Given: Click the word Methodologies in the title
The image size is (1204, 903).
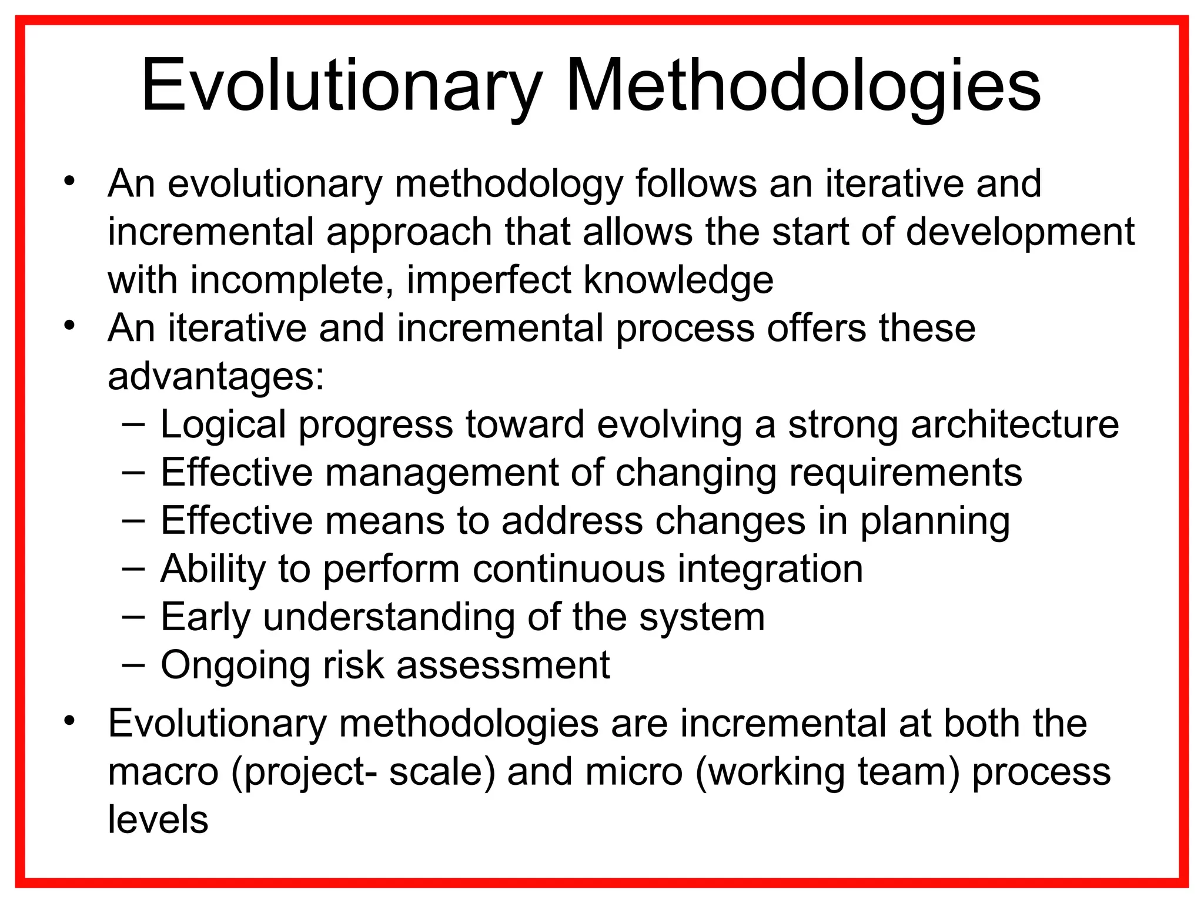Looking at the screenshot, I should tap(803, 87).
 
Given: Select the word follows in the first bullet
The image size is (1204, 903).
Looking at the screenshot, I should tap(695, 184).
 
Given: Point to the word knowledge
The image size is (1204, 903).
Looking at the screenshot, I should tap(678, 280).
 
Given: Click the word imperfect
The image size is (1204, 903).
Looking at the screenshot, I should tap(489, 280).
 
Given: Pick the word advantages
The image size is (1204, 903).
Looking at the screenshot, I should tap(216, 377).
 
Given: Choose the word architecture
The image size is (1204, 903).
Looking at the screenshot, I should tap(1015, 424).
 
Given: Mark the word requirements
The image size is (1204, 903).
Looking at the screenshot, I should tap(905, 473).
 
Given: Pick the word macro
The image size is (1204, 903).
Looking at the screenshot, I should tap(163, 772).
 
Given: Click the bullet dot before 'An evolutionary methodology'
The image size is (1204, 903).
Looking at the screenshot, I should tap(70, 181).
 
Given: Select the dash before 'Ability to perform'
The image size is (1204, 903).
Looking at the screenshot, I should tap(134, 569).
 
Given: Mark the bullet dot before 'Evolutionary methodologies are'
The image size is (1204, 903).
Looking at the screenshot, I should tap(70, 721).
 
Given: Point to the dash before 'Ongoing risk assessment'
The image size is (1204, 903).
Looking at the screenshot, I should tap(134, 665).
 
